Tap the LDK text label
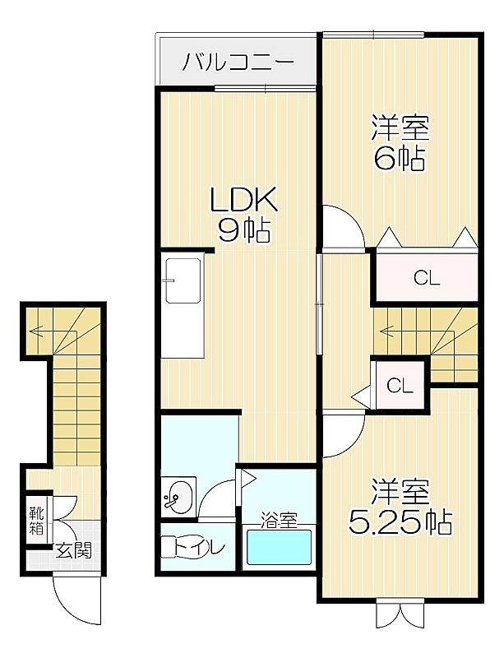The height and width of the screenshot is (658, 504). (243, 200)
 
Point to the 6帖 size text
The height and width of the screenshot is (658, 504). (400, 158)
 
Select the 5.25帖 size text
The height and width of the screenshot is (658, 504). (400, 521)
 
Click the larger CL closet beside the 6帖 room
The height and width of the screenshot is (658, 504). (427, 277)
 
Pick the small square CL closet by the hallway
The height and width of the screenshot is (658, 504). (400, 385)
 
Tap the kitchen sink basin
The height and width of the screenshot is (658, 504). (183, 280)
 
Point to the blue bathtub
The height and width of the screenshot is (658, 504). (279, 547)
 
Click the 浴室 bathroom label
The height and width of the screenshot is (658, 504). (279, 521)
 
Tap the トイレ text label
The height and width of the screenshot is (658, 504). (200, 548)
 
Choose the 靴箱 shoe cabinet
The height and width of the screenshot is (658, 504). (36, 521)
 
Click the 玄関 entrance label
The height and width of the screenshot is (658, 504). (74, 550)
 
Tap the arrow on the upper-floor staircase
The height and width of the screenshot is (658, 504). (416, 332)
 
